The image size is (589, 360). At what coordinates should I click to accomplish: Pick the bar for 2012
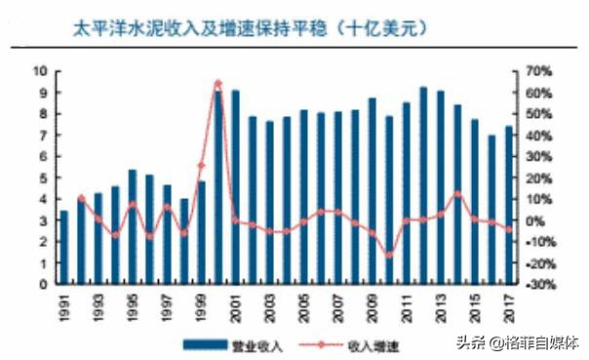tap(423, 185)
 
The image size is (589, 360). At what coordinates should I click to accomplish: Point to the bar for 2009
tap(372, 191)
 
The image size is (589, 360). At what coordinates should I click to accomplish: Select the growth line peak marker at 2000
tap(218, 83)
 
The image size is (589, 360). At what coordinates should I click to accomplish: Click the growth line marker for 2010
tap(389, 256)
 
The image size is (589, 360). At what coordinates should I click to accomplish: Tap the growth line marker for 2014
tap(457, 194)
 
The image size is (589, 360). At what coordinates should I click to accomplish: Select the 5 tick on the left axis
tap(44, 178)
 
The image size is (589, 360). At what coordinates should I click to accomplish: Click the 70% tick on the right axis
tap(537, 71)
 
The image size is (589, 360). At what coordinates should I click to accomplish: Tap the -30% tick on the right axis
tap(538, 285)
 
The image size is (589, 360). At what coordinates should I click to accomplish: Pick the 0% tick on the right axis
tap(538, 220)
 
